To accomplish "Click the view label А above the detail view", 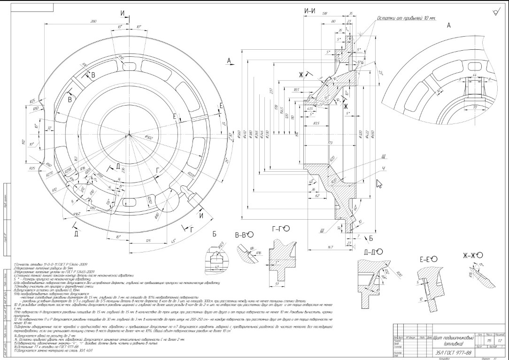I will coord(448,26).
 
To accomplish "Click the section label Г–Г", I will coord(280,229).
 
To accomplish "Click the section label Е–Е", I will coord(427,259).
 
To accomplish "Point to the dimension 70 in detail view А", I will coord(463,107).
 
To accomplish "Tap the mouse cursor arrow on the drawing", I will coord(379,183).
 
